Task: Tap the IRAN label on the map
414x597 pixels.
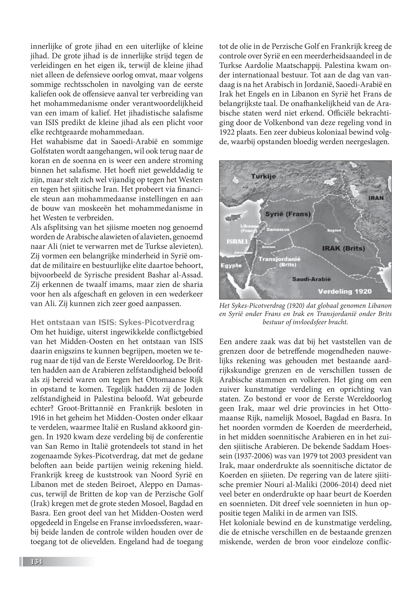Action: [x=376, y=198]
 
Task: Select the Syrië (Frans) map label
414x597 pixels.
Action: [x=287, y=214]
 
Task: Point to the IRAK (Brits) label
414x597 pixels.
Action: [x=344, y=248]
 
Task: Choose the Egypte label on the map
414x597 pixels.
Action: [x=231, y=266]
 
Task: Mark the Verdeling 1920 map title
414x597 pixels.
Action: [x=345, y=291]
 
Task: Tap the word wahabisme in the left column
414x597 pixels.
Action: [x=63, y=142]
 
